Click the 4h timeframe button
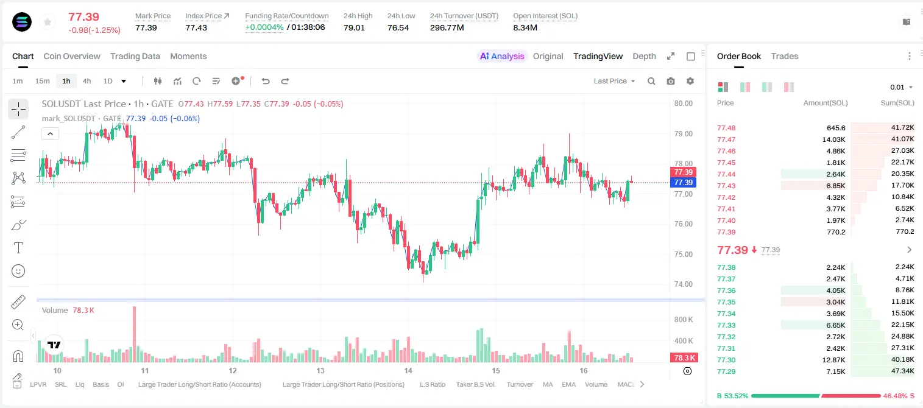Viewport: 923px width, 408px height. click(87, 81)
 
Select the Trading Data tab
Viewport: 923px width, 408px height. click(135, 57)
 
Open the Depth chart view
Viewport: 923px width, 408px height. click(644, 57)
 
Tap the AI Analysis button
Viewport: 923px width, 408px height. click(502, 57)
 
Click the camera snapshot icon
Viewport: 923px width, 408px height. click(670, 81)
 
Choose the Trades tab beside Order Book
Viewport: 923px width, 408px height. click(785, 57)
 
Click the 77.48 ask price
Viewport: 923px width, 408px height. click(726, 128)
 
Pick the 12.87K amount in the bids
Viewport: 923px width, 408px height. click(833, 360)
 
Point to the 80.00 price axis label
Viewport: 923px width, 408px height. click(683, 104)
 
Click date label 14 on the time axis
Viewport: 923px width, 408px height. click(408, 370)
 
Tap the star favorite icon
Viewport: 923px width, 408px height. click(48, 22)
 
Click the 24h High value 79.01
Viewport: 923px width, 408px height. click(354, 27)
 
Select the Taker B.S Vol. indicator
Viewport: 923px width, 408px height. click(475, 384)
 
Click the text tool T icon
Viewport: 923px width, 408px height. click(18, 248)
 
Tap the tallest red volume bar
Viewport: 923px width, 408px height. click(134, 334)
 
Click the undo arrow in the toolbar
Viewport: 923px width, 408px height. click(266, 81)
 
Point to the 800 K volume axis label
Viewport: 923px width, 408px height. click(684, 320)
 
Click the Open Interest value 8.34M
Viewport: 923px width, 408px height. click(525, 27)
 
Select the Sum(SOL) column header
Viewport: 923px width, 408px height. click(897, 103)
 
